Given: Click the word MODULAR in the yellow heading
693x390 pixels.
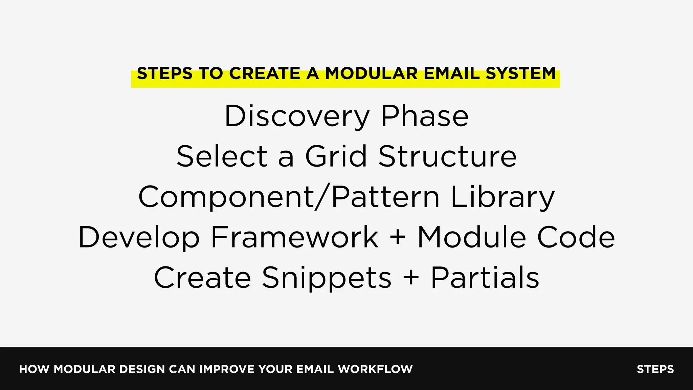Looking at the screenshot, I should click(x=371, y=74).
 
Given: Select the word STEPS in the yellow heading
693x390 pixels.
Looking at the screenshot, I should click(x=164, y=74).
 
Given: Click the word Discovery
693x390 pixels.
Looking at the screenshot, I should click(x=297, y=117).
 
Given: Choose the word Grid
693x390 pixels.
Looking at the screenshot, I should click(x=336, y=156).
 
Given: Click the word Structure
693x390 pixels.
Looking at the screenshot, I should click(x=447, y=156).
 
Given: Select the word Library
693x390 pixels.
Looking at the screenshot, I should click(x=502, y=198).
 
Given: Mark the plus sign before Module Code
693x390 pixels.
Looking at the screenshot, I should click(x=398, y=237).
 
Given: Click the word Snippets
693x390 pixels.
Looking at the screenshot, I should click(x=327, y=278).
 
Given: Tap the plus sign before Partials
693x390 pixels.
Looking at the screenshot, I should click(x=411, y=277).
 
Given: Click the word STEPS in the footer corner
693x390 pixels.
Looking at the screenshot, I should click(x=655, y=369).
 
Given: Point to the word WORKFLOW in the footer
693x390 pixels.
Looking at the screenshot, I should click(x=375, y=369).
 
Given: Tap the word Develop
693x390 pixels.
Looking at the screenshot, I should click(x=139, y=238).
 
